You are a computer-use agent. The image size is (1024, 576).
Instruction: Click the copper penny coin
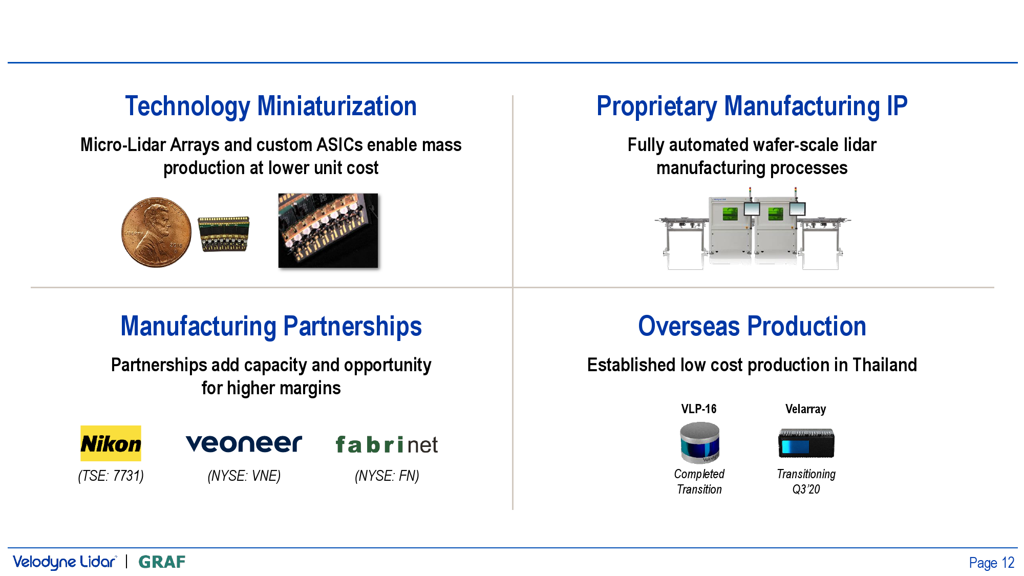156,232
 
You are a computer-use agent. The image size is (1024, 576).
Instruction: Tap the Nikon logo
111,443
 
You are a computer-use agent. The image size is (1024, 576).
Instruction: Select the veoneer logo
244,443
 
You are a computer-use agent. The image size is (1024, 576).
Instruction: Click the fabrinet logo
387,444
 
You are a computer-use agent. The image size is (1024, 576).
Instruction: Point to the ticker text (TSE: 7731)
111,476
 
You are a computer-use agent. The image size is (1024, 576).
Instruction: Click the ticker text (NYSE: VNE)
244,476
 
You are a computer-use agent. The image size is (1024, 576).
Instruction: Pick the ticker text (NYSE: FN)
387,476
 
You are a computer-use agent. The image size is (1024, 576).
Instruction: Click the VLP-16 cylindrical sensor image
699,442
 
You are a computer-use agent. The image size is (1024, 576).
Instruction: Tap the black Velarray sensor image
806,443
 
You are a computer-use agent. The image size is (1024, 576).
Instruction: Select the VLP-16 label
699,409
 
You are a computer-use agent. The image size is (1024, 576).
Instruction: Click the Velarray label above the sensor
806,409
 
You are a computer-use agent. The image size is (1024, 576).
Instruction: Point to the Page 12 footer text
992,563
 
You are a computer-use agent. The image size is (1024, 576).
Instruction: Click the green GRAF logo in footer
162,562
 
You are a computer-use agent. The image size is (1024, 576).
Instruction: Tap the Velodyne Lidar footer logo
65,562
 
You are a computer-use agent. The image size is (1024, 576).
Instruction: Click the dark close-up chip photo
328,230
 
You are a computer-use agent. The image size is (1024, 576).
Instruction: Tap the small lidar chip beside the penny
224,234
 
